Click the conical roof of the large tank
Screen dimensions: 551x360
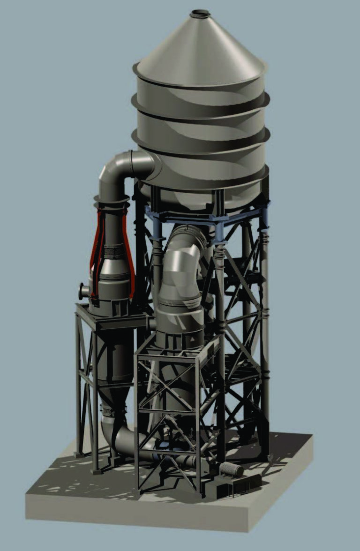pyautogui.click(x=202, y=47)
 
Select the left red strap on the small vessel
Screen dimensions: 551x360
pyautogui.click(x=96, y=253)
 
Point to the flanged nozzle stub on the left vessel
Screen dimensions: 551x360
pyautogui.click(x=83, y=291)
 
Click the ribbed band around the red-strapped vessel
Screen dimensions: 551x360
pyautogui.click(x=112, y=253)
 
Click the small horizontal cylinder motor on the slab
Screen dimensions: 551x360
pyautogui.click(x=232, y=469)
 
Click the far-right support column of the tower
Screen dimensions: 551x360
pyautogui.click(x=265, y=328)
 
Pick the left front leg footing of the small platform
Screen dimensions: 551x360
pyautogui.click(x=96, y=469)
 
